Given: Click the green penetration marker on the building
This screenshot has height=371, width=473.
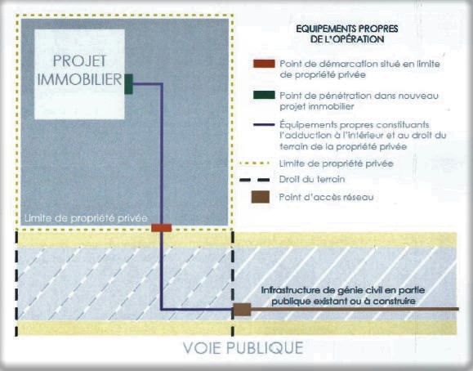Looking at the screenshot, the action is pos(128,84).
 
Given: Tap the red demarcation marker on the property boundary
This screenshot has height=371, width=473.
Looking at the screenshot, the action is pos(162,228).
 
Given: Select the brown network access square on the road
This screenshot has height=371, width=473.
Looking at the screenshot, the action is pos(243,310).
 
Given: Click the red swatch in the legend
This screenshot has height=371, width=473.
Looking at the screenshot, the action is pos(264,64).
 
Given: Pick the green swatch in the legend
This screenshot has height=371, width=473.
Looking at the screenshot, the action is pos(264,95).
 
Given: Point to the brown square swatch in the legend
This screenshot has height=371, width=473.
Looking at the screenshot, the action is pos(261,197).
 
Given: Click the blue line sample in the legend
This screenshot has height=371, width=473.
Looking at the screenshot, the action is pos(264,125).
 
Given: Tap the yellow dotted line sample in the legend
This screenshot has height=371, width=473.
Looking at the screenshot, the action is pos(254,163).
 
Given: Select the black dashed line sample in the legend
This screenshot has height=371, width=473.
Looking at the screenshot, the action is pos(254,180).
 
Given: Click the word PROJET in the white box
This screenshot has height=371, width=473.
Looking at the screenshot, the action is pos(79,61).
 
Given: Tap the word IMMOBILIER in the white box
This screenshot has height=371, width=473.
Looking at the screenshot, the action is pos(79,79).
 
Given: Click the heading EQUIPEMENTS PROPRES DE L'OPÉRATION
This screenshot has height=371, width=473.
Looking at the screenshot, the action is pos(347,34).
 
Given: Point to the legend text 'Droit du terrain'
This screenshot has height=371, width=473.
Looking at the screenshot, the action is pos(312,179).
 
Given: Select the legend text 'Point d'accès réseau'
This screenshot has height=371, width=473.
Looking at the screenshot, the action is pos(327,197).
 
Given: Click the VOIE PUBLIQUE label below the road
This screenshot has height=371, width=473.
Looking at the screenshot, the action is pos(243,348).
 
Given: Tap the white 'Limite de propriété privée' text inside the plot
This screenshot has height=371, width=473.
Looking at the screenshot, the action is pos(86,218).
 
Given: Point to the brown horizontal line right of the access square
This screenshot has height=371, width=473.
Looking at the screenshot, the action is pos(355,309).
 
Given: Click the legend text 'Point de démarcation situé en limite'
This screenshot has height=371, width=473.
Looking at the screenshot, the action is pos(359,64).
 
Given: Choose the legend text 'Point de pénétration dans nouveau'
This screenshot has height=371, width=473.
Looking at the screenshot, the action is pos(359,96).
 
